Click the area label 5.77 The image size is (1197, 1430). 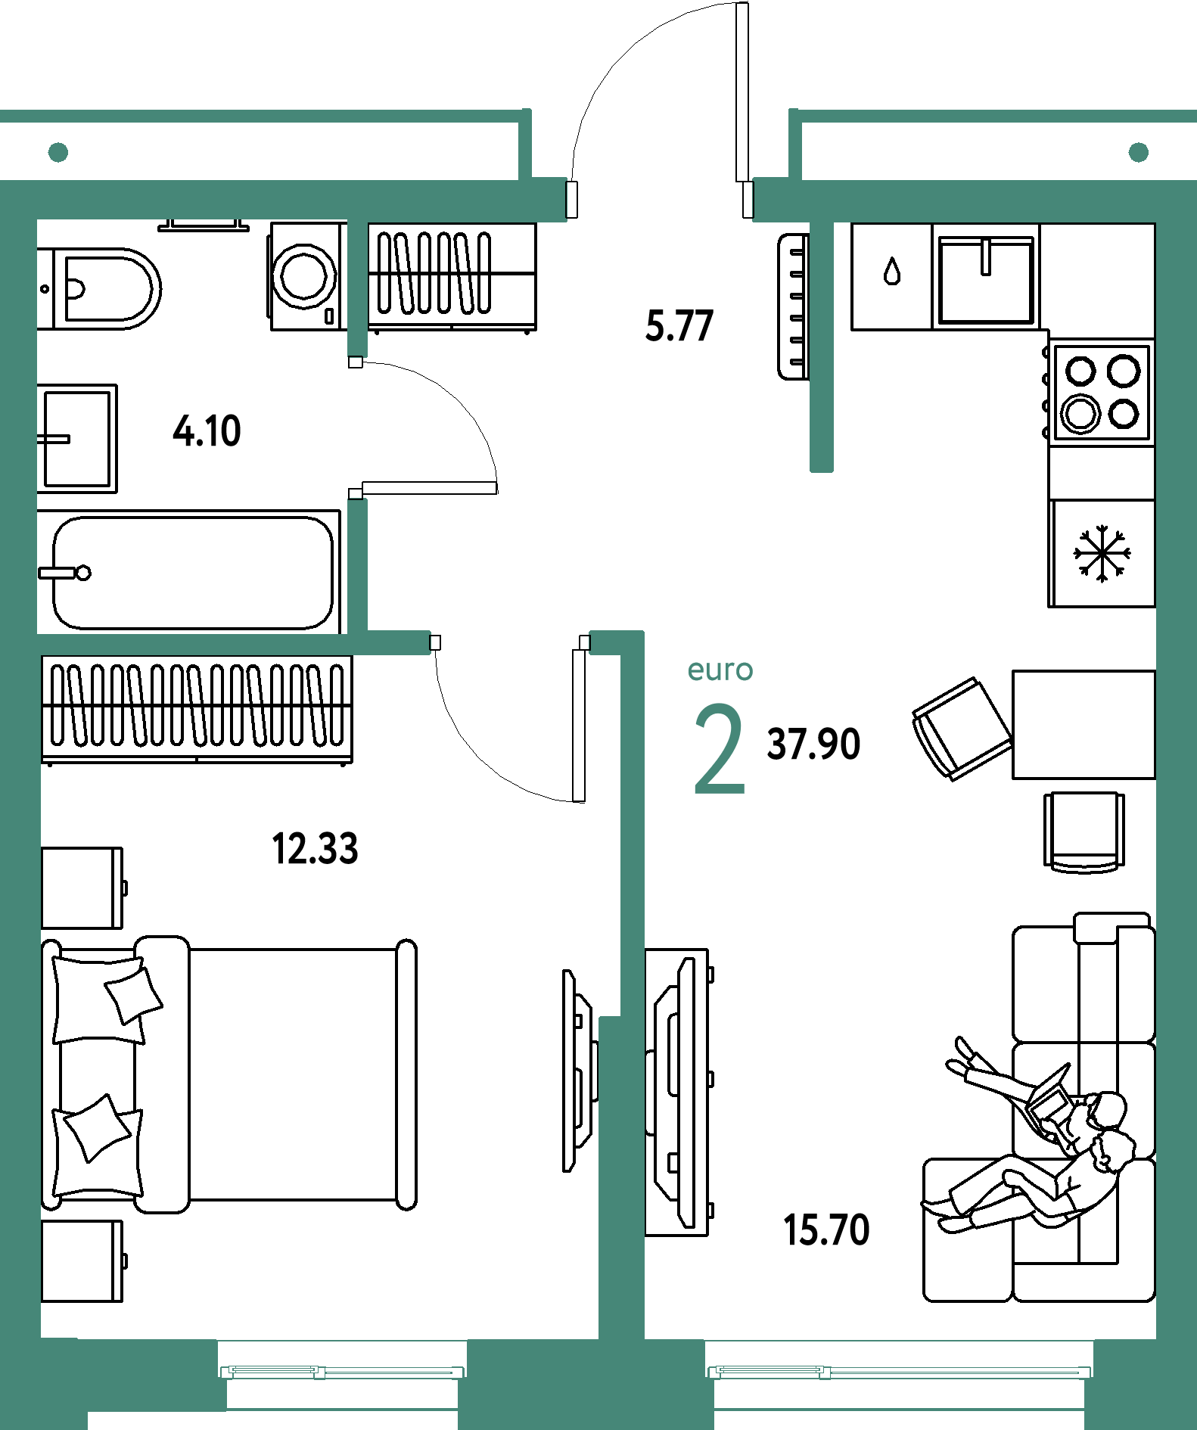click(x=679, y=326)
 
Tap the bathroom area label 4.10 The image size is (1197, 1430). click(x=207, y=431)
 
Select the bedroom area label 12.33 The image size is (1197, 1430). click(x=315, y=848)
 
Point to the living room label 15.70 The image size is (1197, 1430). click(x=826, y=1229)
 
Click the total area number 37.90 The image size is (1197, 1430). click(x=813, y=744)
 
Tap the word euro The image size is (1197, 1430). click(x=720, y=670)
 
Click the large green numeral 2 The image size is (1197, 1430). click(x=720, y=748)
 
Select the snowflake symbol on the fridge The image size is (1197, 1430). click(x=1102, y=553)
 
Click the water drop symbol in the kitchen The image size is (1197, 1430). click(x=893, y=271)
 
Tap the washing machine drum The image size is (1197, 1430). click(x=304, y=275)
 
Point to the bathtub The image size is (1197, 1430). click(x=189, y=572)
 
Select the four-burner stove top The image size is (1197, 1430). click(x=1102, y=393)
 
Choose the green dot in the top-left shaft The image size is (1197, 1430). click(x=58, y=153)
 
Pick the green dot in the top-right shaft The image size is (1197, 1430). click(x=1139, y=153)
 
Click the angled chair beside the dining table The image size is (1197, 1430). click(x=962, y=729)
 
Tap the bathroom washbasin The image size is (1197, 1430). click(x=77, y=438)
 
